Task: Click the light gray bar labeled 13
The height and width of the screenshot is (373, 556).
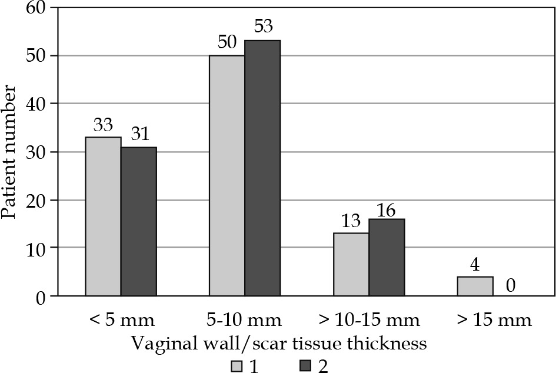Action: [x=351, y=264]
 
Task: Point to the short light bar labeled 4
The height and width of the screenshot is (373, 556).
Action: [x=475, y=286]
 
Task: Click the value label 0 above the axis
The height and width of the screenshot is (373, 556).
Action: [x=511, y=286]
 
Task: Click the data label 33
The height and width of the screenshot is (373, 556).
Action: [x=103, y=125]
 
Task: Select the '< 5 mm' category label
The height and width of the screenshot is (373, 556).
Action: [x=121, y=321]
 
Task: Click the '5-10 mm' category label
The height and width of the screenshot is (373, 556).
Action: [x=245, y=321]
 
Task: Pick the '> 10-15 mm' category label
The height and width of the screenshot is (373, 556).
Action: [x=369, y=321]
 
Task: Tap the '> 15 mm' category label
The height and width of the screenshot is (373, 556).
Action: [x=493, y=321]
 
